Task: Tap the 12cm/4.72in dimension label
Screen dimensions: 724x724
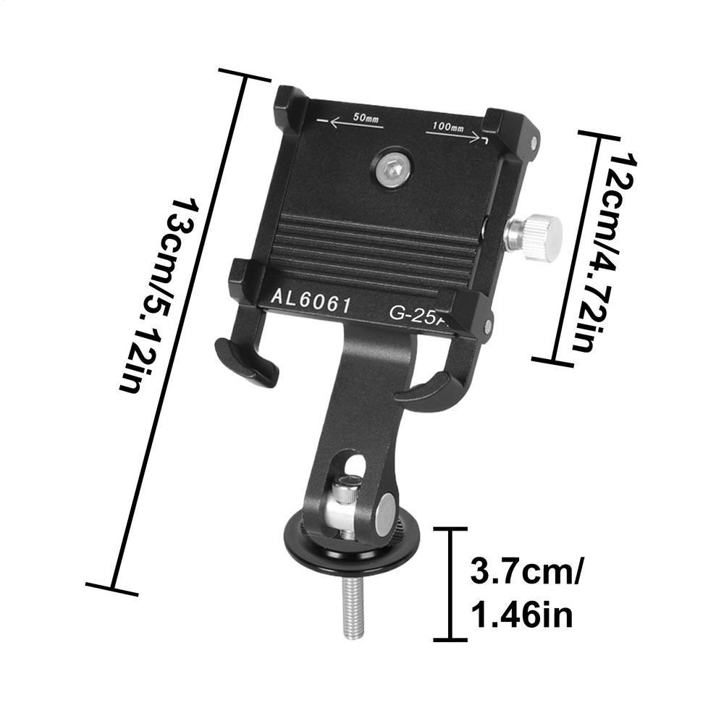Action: point(605,250)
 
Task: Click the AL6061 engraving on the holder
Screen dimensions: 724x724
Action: point(311,299)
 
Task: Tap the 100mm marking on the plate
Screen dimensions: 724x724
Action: point(447,127)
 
